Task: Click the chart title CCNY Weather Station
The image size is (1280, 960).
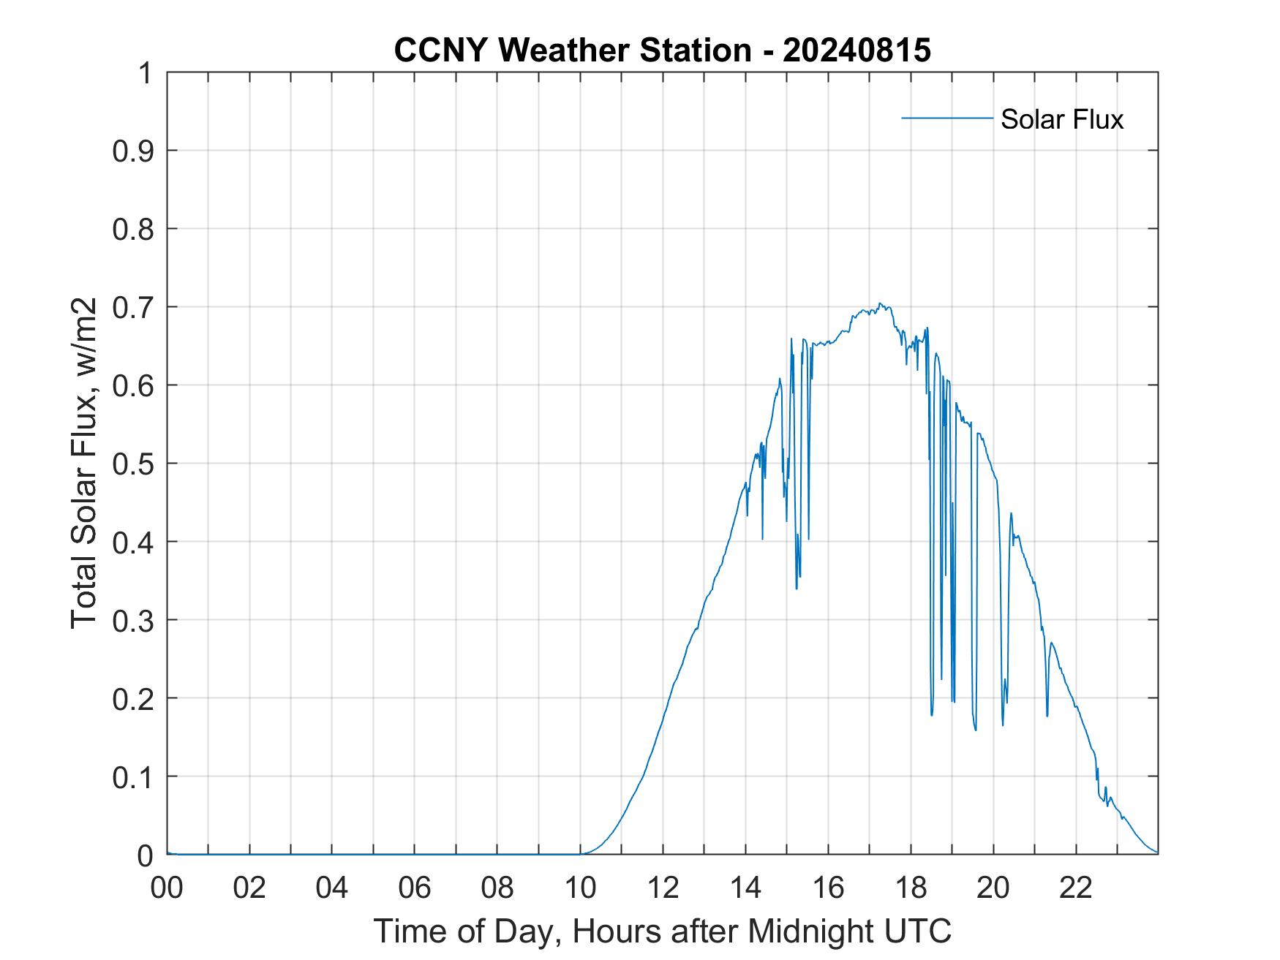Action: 572,50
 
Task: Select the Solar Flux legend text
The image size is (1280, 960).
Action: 1061,119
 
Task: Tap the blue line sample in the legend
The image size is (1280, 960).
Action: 946,118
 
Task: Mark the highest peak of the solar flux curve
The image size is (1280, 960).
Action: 880,303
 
